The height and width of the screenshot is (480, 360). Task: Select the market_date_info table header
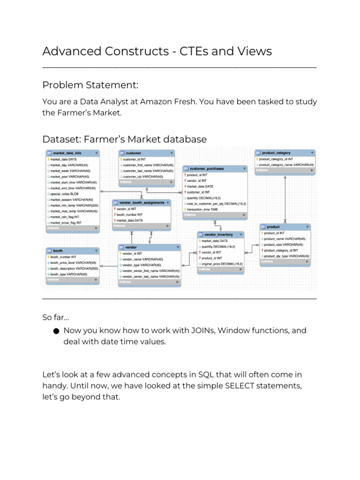click(68, 153)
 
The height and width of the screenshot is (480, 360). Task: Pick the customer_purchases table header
click(207, 168)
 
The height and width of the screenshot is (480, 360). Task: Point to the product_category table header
click(276, 153)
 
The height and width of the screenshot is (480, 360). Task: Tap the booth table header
click(58, 251)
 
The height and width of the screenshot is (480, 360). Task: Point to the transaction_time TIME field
click(202, 210)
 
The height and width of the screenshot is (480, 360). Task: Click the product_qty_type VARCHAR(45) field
click(286, 256)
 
